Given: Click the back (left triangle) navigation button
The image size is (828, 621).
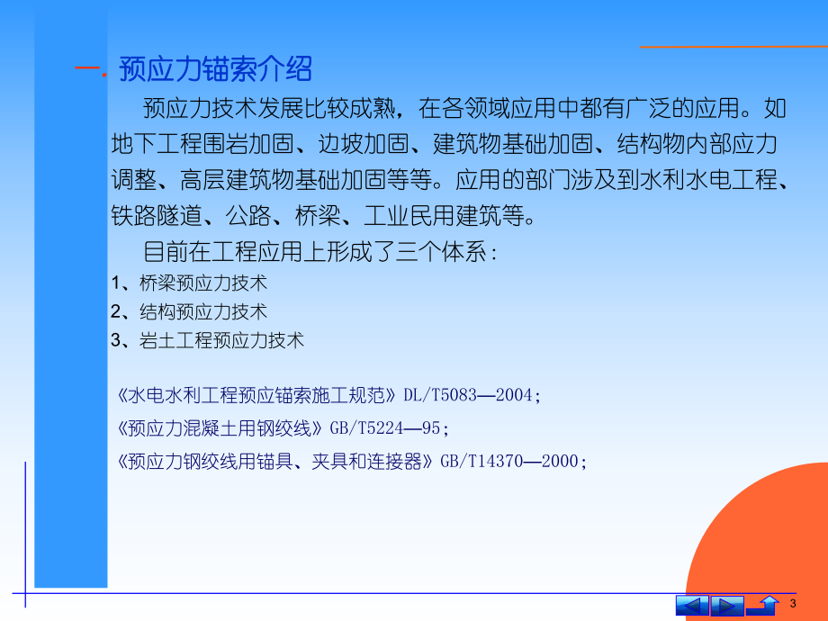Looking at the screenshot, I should tap(692, 605).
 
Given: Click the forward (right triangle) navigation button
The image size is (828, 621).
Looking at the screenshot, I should tap(726, 605).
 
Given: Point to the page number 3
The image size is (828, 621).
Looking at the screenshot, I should tap(792, 603).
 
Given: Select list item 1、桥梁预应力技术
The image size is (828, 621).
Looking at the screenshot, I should tap(189, 283).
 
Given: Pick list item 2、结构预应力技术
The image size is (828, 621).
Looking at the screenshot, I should tap(189, 312).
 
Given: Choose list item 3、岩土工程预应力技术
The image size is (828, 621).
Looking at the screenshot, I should tap(208, 340).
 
